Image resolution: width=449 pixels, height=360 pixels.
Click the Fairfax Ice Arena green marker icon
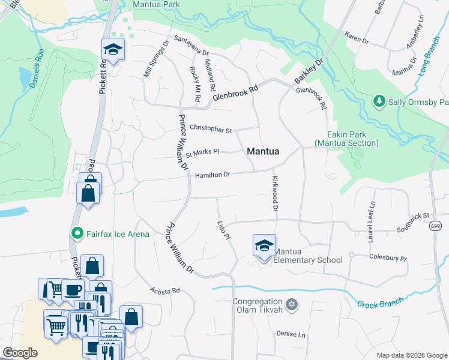coord(77,233)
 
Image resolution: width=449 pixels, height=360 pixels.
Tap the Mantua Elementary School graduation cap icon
coord(264,245)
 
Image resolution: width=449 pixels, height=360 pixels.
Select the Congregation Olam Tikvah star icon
coord(292,305)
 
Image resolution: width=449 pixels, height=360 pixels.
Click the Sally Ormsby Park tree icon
coord(379,102)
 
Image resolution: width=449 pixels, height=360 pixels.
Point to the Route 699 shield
coord(436,226)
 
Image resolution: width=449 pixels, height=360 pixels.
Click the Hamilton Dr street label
coord(212,175)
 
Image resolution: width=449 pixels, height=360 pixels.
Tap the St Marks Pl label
coord(202,152)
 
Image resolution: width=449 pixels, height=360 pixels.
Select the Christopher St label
coord(211,129)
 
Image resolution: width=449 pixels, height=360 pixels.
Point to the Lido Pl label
coord(223,229)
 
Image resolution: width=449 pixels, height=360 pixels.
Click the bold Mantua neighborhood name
coord(263,152)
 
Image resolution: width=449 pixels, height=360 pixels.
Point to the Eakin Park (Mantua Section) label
coord(347,139)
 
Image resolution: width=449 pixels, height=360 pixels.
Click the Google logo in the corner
coord(20,353)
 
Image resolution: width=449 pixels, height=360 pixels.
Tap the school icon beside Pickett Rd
coord(112,50)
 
